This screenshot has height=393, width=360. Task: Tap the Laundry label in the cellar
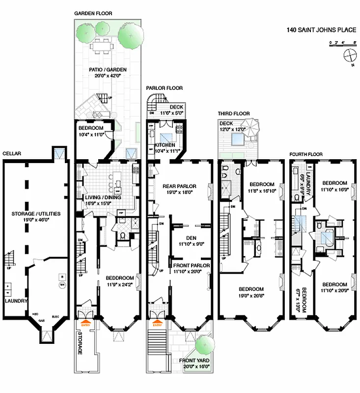(x=16, y=301)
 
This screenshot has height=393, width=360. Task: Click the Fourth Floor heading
(x=305, y=154)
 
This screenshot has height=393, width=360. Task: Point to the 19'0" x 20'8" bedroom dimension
(x=251, y=296)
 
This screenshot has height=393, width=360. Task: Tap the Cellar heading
(x=11, y=154)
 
